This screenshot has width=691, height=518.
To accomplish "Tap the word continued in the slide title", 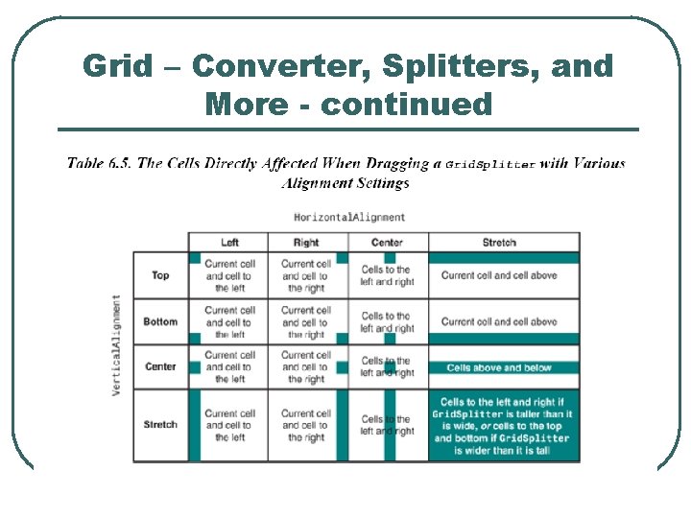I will click(x=406, y=104).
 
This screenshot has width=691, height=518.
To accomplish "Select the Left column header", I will click(x=229, y=243).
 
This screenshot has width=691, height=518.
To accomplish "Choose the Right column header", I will click(x=306, y=243).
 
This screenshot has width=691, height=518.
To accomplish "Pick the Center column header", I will click(x=387, y=243).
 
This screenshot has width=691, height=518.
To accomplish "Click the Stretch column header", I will click(x=499, y=243).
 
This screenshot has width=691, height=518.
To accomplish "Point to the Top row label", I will click(x=160, y=275).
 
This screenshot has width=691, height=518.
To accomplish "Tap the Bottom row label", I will click(x=160, y=321).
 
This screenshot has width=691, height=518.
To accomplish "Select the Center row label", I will click(x=160, y=366).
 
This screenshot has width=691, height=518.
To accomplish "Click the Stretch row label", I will click(x=160, y=424).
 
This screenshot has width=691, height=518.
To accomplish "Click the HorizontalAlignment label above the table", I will click(x=349, y=217).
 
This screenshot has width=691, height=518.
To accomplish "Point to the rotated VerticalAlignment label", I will click(x=116, y=345).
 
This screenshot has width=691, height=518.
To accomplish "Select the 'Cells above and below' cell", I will click(x=499, y=367).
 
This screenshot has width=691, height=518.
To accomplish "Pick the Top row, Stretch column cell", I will click(x=499, y=275).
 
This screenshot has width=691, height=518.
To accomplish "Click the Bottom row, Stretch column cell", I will click(x=499, y=321).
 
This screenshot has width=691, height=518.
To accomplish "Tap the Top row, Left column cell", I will click(x=229, y=275).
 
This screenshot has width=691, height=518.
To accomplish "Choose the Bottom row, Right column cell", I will click(x=306, y=322).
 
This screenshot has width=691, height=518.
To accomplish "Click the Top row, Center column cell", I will click(x=387, y=276).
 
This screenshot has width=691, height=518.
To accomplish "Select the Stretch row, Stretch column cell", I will click(x=503, y=426).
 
